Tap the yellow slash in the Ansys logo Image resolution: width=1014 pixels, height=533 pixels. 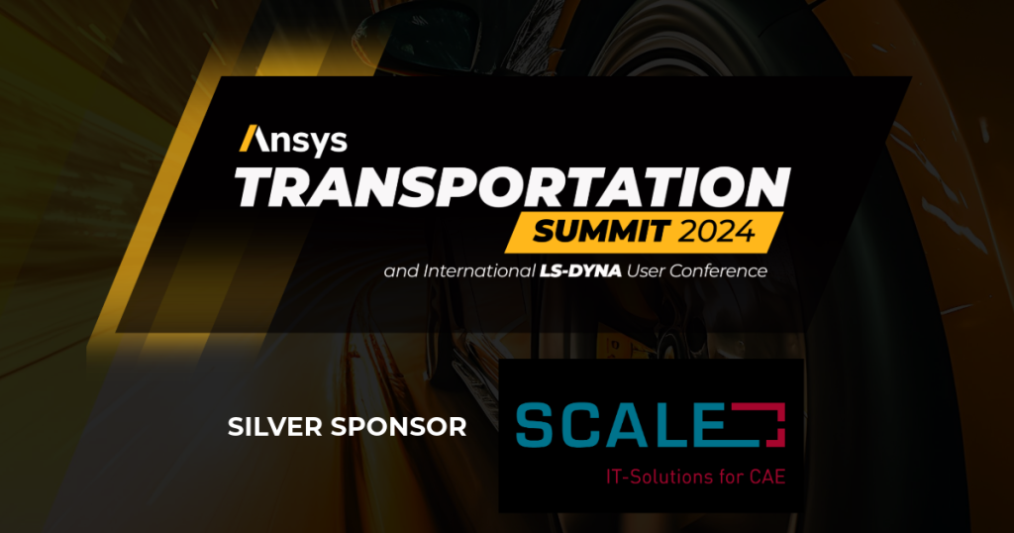tap(247, 138)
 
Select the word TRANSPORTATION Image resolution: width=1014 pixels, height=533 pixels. tap(512, 187)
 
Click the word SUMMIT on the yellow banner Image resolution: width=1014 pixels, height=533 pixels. tap(601, 231)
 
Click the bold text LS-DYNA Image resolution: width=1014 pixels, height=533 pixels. tap(580, 271)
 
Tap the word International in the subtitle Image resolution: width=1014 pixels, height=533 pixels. tap(478, 271)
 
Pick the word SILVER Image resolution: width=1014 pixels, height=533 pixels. tap(275, 427)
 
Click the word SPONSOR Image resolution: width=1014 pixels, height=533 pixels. tap(398, 427)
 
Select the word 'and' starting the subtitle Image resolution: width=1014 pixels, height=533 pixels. tap(401, 271)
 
